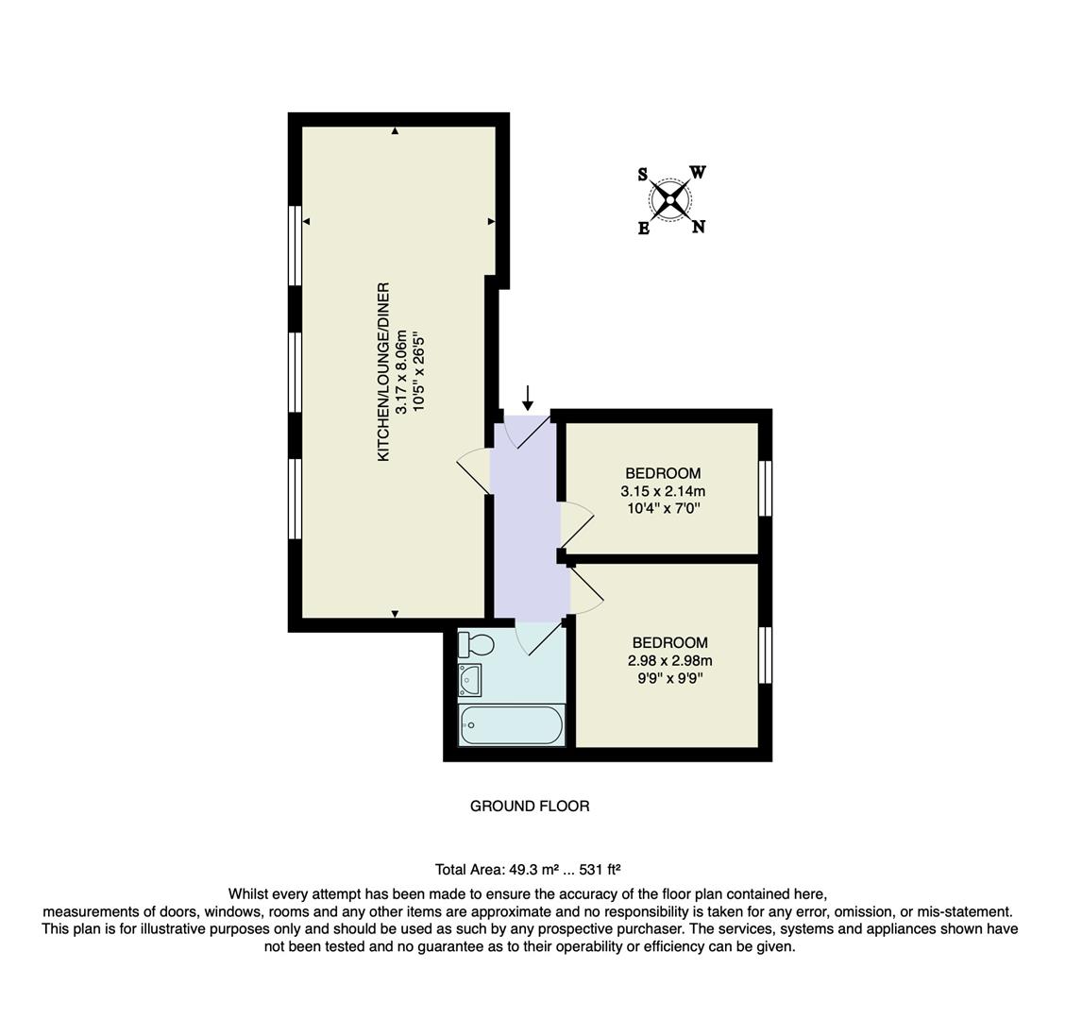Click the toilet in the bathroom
click(476, 645)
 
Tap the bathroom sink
click(469, 679)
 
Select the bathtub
click(511, 725)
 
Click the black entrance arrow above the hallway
click(528, 398)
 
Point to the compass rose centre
click(670, 199)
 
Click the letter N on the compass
click(699, 227)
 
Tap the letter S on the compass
click(643, 175)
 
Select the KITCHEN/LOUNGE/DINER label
click(383, 371)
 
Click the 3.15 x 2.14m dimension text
click(663, 491)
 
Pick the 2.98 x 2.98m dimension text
click(669, 660)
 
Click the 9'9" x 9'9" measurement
click(669, 677)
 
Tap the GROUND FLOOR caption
click(530, 806)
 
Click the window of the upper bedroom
click(766, 488)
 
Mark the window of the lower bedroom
click(766, 654)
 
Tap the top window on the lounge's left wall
click(295, 246)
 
